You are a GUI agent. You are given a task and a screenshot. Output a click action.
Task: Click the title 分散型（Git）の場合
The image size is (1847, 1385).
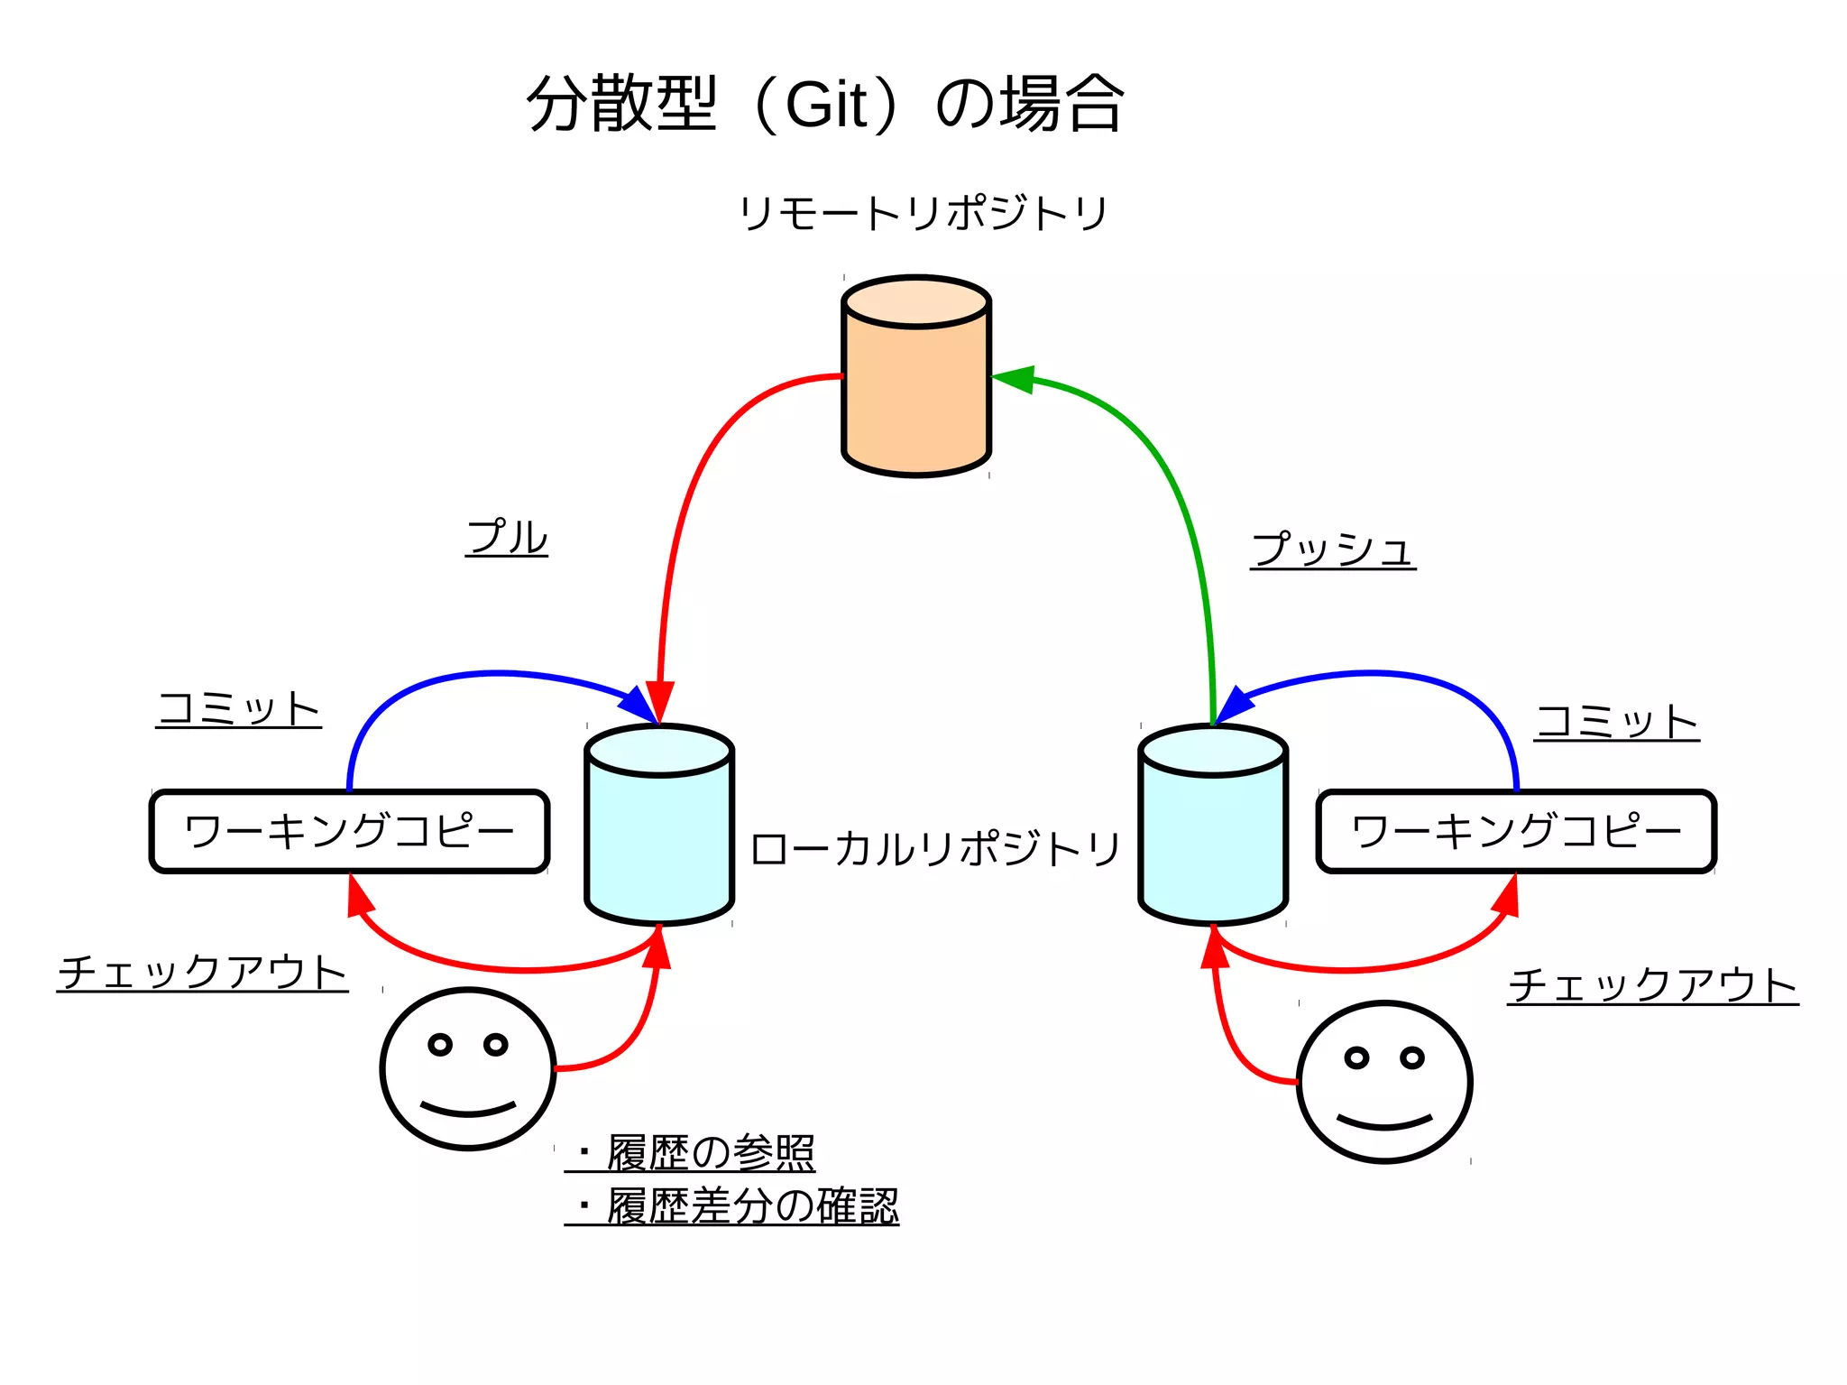pos(825,104)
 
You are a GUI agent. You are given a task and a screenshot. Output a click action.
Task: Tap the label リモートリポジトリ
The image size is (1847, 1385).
pos(923,214)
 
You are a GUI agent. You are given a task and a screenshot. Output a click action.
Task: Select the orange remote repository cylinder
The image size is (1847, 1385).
pos(916,388)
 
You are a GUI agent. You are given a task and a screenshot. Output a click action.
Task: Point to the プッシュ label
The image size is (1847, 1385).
pos(1333,549)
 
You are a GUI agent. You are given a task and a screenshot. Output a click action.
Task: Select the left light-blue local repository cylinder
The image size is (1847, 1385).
pos(659,835)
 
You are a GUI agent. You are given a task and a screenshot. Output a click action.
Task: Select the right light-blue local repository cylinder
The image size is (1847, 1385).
pos(1213,835)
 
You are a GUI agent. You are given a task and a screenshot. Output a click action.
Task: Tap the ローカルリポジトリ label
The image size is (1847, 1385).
pos(935,849)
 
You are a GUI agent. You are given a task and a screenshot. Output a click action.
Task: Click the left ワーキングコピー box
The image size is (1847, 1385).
pos(349,831)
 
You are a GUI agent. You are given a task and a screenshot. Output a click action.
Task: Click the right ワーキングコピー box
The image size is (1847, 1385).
pos(1516,831)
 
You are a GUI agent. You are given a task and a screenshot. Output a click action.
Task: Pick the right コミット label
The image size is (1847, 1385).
pos(1617,722)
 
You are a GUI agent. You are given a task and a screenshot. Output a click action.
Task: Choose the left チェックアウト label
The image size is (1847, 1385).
pos(203,973)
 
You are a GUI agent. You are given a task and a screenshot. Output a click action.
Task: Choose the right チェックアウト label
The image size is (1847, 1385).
pos(1653,985)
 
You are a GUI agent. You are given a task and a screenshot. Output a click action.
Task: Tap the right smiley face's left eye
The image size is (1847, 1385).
pos(1356,1057)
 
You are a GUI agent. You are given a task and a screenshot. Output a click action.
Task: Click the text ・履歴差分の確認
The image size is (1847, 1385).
pos(735,1206)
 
